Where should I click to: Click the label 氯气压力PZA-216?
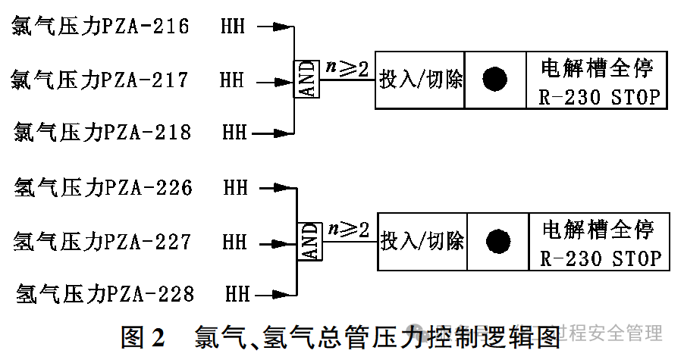[x=100, y=27]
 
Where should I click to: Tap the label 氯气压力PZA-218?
[x=102, y=133]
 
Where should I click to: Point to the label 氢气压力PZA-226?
[x=103, y=187]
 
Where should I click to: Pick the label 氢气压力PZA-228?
[x=105, y=293]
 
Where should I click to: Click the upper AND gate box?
[x=307, y=80]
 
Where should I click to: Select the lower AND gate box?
[x=309, y=242]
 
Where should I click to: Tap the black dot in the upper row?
[x=495, y=79]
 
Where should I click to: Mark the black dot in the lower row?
[x=498, y=241]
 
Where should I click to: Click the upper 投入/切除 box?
[x=420, y=79]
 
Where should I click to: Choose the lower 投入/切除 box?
[x=422, y=241]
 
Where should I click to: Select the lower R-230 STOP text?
[x=601, y=259]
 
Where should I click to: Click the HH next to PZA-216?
[x=233, y=28]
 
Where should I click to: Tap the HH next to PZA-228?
[x=237, y=293]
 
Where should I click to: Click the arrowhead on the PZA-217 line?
[x=284, y=80]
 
